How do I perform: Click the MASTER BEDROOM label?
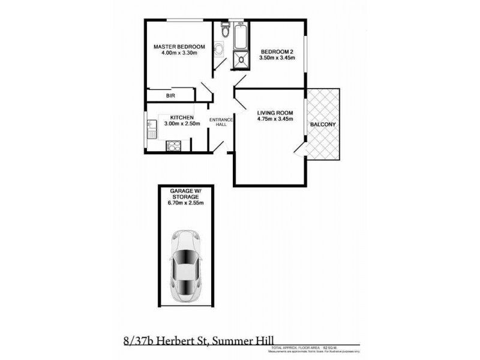pyautogui.click(x=179, y=47)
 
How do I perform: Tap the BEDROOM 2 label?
pyautogui.click(x=277, y=52)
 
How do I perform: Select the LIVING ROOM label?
pyautogui.click(x=274, y=112)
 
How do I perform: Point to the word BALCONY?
pyautogui.click(x=323, y=124)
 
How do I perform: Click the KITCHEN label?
pyautogui.click(x=181, y=117)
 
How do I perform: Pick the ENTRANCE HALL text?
pyautogui.click(x=217, y=124)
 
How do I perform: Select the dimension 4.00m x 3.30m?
pyautogui.click(x=179, y=53)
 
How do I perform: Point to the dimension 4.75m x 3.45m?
pyautogui.click(x=274, y=119)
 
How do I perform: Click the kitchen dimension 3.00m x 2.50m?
pyautogui.click(x=181, y=124)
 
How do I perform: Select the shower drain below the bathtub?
pyautogui.click(x=241, y=59)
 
